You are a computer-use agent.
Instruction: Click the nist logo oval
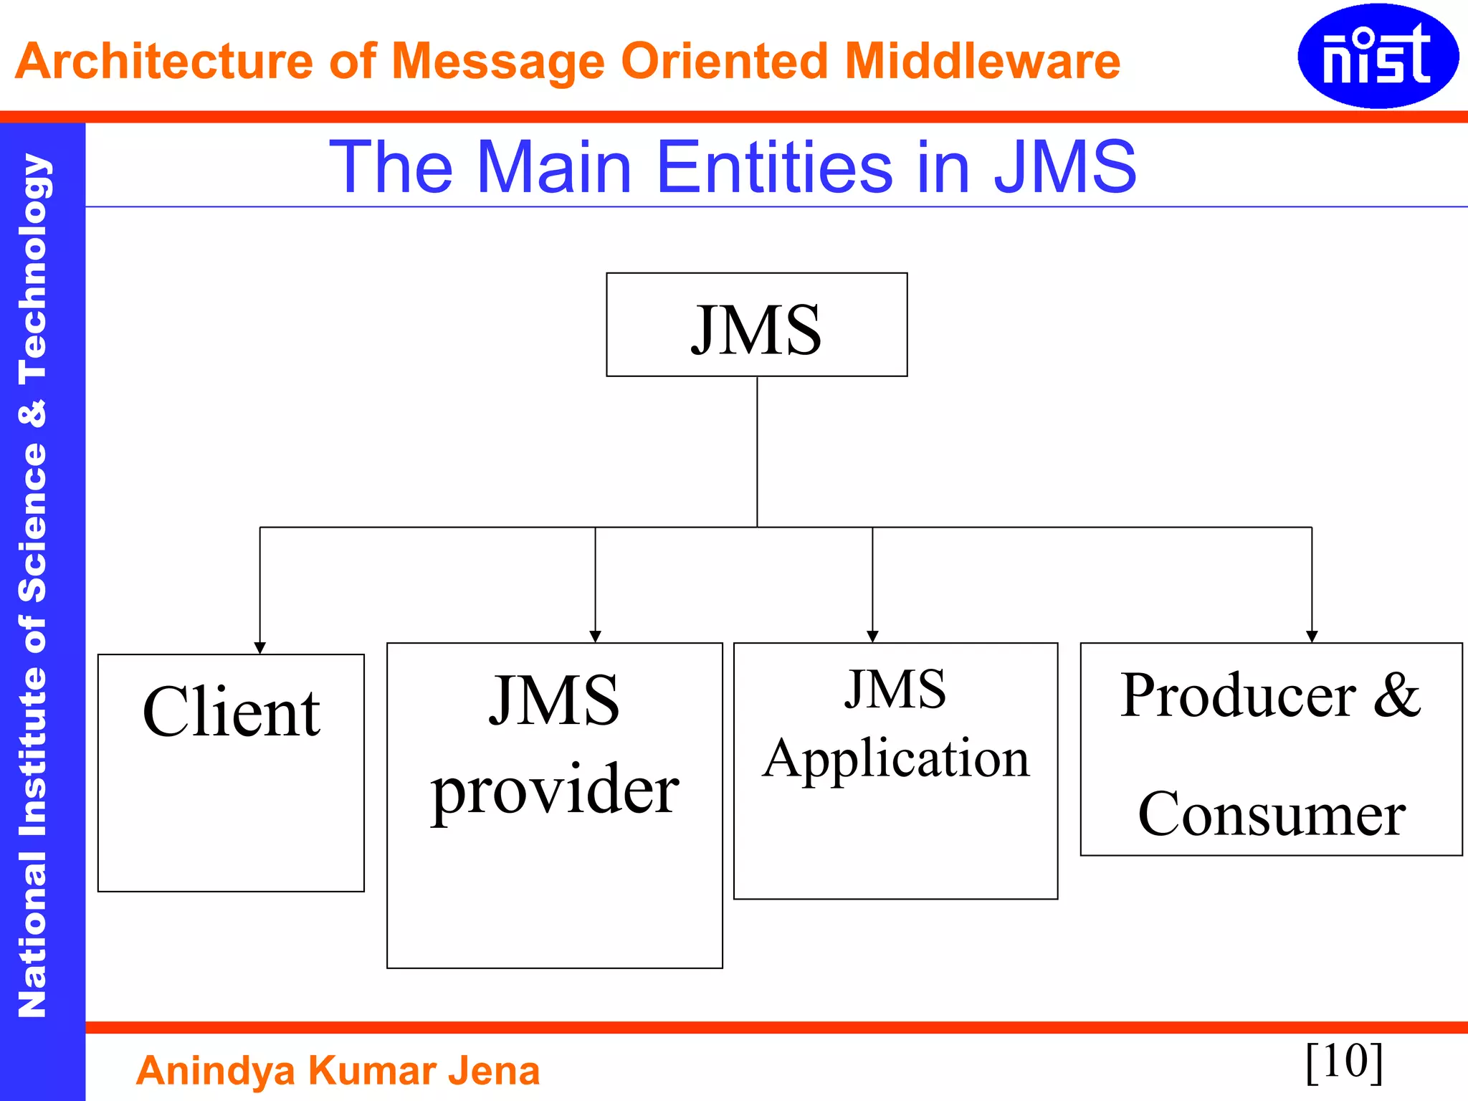point(1377,56)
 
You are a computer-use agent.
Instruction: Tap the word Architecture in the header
point(163,61)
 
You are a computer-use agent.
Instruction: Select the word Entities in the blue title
point(774,167)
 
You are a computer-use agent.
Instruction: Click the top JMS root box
point(756,325)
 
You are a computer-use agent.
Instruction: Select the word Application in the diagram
point(896,758)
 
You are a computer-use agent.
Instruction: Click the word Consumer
point(1272,814)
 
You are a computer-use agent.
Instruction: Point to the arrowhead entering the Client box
point(260,648)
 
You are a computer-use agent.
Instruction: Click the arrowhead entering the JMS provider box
point(595,637)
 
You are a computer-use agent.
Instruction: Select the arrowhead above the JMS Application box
point(872,637)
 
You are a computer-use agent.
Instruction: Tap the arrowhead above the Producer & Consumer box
point(1312,637)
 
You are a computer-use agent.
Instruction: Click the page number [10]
point(1344,1061)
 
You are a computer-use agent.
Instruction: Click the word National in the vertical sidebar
point(33,934)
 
